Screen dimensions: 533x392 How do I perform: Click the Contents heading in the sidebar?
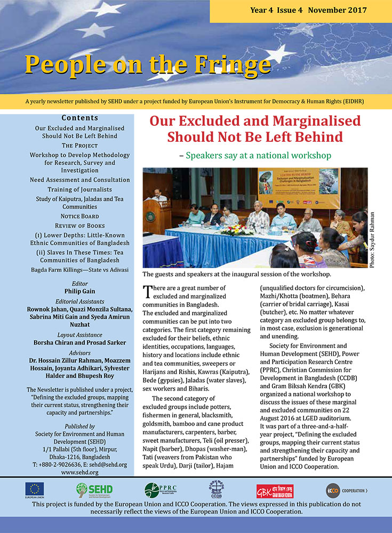coord(80,117)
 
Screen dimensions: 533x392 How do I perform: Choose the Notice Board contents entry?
coord(80,216)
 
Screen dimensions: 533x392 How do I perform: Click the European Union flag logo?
coord(35,488)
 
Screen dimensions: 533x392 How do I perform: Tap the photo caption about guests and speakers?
coord(236,274)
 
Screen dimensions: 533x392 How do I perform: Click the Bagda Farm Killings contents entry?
coord(80,270)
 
